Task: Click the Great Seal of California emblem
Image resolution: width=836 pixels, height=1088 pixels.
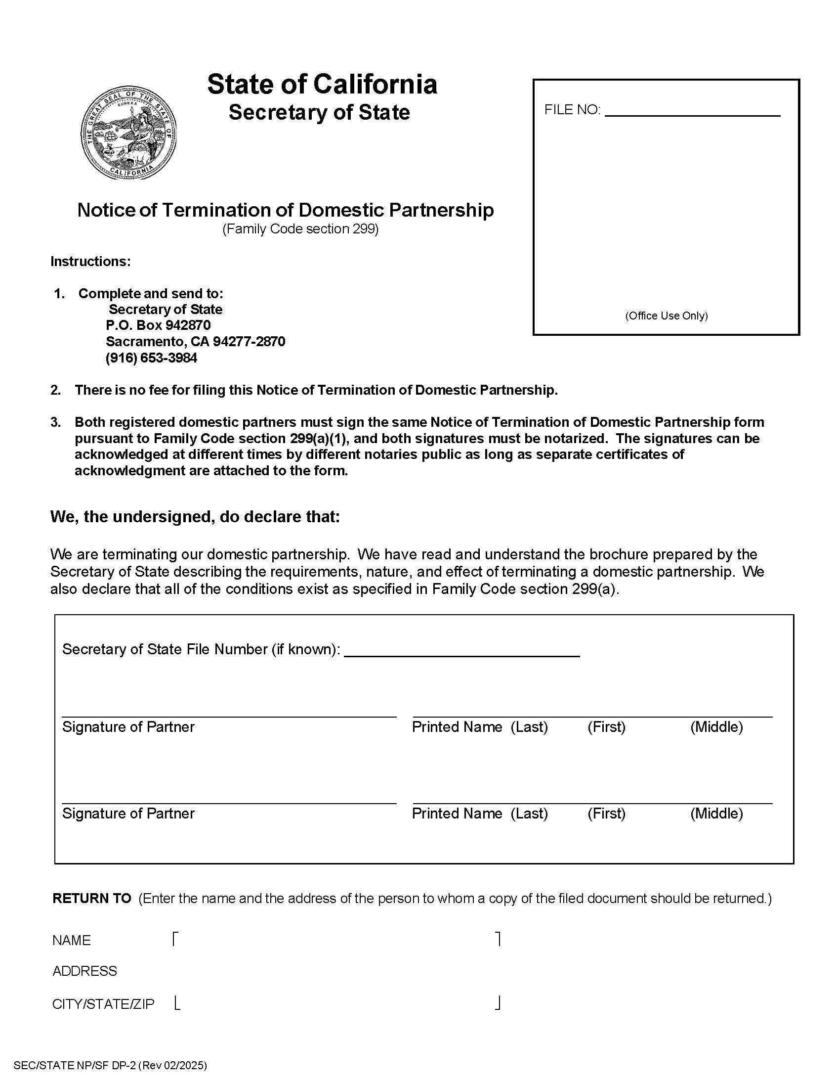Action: tap(129, 133)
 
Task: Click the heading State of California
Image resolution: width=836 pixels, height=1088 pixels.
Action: tap(322, 84)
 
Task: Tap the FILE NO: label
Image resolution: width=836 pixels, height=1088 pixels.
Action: tap(572, 110)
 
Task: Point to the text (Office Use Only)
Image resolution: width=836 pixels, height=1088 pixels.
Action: tap(667, 316)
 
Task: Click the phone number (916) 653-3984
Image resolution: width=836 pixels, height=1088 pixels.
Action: tap(151, 358)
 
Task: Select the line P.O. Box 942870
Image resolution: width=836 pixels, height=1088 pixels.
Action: tap(158, 325)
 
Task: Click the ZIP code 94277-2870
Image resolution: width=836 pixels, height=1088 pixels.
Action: tap(249, 342)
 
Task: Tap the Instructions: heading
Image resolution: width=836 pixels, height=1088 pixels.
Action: tap(90, 262)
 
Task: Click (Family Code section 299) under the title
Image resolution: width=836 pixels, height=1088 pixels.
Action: tap(300, 229)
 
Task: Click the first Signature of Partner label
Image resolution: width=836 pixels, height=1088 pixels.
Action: tap(128, 727)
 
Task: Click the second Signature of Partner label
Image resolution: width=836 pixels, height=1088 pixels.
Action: tap(128, 814)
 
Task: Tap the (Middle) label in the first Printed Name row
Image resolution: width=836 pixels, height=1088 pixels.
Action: tap(716, 727)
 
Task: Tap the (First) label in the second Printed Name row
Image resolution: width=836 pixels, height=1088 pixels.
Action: tap(606, 814)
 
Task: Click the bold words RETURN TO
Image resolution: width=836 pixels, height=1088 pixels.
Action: tap(91, 898)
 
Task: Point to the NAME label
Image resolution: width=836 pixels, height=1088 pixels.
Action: tap(72, 941)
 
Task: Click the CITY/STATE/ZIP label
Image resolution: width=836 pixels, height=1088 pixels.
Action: tap(103, 1004)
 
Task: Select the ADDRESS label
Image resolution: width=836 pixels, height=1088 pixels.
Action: tap(84, 971)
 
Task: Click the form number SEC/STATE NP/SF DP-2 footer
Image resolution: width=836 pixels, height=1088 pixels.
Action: tap(110, 1066)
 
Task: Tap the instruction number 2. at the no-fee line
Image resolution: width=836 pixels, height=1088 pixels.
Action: tap(56, 390)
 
